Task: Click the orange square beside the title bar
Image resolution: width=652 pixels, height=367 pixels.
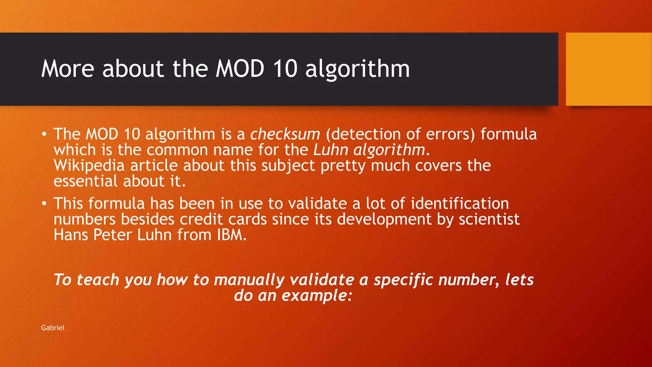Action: pyautogui.click(x=608, y=69)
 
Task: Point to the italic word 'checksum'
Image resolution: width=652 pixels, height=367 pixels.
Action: pyautogui.click(x=285, y=134)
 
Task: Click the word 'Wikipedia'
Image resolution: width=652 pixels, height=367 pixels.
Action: pyautogui.click(x=89, y=166)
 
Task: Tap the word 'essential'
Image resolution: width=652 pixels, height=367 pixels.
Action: pyautogui.click(x=86, y=181)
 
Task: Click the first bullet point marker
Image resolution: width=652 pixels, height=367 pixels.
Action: pyautogui.click(x=44, y=134)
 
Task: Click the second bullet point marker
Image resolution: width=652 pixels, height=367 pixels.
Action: pyautogui.click(x=44, y=204)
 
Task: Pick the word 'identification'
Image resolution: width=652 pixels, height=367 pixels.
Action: pyautogui.click(x=460, y=204)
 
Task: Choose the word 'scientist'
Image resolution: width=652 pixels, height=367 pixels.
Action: pyautogui.click(x=489, y=219)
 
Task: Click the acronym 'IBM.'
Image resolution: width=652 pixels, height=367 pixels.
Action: pyautogui.click(x=232, y=235)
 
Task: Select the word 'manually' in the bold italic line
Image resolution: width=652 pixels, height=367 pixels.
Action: pyautogui.click(x=249, y=280)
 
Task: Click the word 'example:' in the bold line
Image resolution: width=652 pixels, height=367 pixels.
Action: pyautogui.click(x=317, y=296)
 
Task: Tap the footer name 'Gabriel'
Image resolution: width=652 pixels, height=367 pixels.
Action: pyautogui.click(x=53, y=328)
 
